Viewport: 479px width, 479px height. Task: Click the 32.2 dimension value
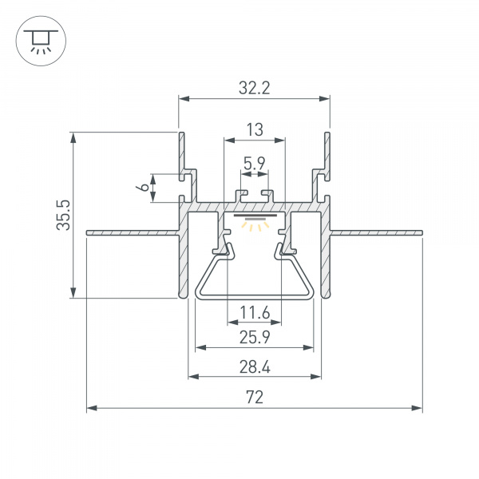[x=254, y=89]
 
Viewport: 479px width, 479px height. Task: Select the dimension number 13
[x=254, y=129]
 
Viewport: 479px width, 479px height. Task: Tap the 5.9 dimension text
[x=255, y=164]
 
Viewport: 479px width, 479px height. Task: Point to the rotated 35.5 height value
[x=65, y=215]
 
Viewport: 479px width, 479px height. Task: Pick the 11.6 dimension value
[x=254, y=313]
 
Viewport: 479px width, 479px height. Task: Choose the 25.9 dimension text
[x=254, y=338]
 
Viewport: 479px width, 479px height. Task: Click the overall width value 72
[x=254, y=397]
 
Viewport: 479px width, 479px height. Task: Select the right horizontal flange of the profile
[x=375, y=232]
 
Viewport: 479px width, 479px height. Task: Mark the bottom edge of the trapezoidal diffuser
[x=254, y=299]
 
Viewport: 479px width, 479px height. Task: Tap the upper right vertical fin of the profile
[x=327, y=152]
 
